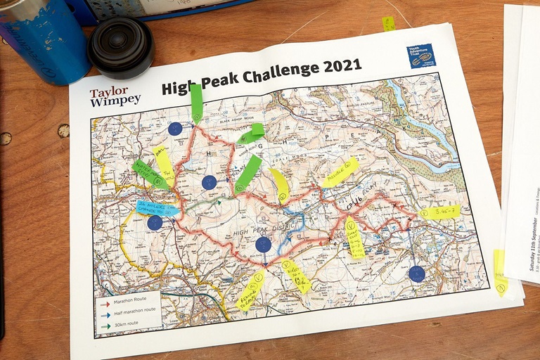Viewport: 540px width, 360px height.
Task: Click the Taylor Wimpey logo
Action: pyautogui.click(x=115, y=96)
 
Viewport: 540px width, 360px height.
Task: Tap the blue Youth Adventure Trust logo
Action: pyautogui.click(x=422, y=56)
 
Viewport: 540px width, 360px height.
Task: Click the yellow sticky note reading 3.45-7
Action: pyautogui.click(x=440, y=211)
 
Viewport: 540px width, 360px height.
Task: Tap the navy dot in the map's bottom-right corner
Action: pyautogui.click(x=417, y=274)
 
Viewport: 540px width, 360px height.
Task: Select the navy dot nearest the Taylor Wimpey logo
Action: pyautogui.click(x=175, y=129)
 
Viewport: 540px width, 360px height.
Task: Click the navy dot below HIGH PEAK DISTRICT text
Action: pyautogui.click(x=263, y=245)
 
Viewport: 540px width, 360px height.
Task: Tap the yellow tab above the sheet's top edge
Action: pyautogui.click(x=388, y=24)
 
